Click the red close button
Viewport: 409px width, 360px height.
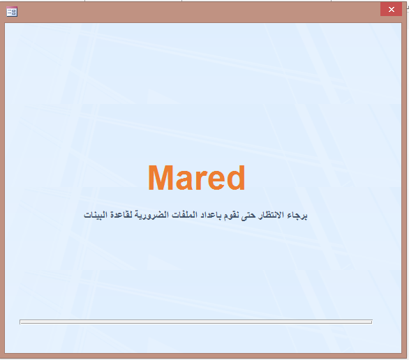click(x=391, y=9)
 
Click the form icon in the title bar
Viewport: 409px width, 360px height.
click(x=12, y=12)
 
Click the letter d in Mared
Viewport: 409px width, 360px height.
click(x=236, y=178)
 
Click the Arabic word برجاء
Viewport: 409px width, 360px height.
click(x=297, y=216)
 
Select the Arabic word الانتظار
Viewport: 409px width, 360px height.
click(x=271, y=215)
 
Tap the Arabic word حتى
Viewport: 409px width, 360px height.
click(x=248, y=216)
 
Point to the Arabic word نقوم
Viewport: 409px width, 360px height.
click(x=230, y=216)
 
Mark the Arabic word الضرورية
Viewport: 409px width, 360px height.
click(x=152, y=216)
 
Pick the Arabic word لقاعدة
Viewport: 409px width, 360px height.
click(x=121, y=215)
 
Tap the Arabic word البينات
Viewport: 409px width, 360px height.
click(x=96, y=215)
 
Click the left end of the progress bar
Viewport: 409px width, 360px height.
click(x=20, y=322)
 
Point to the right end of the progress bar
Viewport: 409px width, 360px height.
click(x=372, y=322)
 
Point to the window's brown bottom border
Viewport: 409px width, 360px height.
click(x=204, y=356)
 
